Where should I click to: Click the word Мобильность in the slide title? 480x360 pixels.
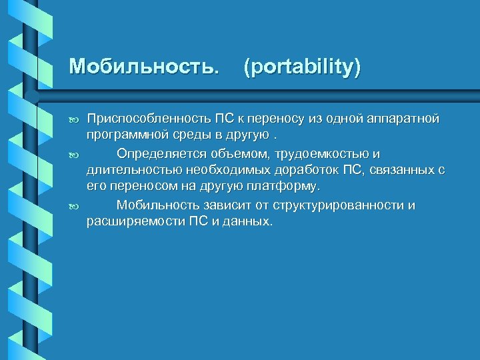pyautogui.click(x=143, y=67)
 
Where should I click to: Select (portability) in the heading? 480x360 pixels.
pyautogui.click(x=302, y=67)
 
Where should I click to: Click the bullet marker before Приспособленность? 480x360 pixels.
pyautogui.click(x=74, y=119)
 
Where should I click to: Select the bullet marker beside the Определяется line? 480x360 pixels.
pyautogui.click(x=74, y=154)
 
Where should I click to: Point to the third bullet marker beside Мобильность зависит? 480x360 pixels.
pyautogui.click(x=74, y=206)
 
